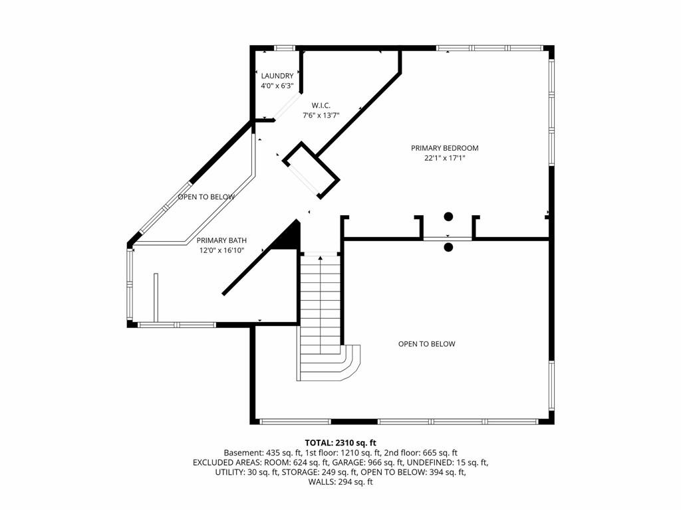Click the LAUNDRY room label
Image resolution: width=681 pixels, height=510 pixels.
pos(277,76)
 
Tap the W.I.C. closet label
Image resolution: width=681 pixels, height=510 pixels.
pos(321,106)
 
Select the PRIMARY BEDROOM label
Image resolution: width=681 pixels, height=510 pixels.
pos(445,148)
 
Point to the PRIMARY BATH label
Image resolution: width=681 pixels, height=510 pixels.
pos(221,240)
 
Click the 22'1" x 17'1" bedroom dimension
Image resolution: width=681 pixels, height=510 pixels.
pos(445,158)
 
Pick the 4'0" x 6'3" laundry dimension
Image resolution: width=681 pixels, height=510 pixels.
pos(277,86)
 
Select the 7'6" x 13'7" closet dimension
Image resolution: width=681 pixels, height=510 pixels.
pos(321,116)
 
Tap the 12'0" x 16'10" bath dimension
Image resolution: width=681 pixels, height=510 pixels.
pos(221,250)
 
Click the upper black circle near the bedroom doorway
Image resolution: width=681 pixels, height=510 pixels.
pos(448,216)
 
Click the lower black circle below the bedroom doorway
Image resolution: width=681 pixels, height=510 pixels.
pos(448,248)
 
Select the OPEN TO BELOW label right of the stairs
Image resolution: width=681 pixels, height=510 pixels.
pos(426,344)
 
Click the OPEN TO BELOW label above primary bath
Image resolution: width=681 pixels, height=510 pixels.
pos(206,197)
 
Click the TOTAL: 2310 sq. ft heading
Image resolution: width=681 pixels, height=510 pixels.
pos(340,443)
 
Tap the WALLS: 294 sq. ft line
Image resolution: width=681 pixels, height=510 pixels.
pos(340,482)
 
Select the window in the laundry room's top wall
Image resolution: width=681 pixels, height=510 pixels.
pos(285,48)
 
